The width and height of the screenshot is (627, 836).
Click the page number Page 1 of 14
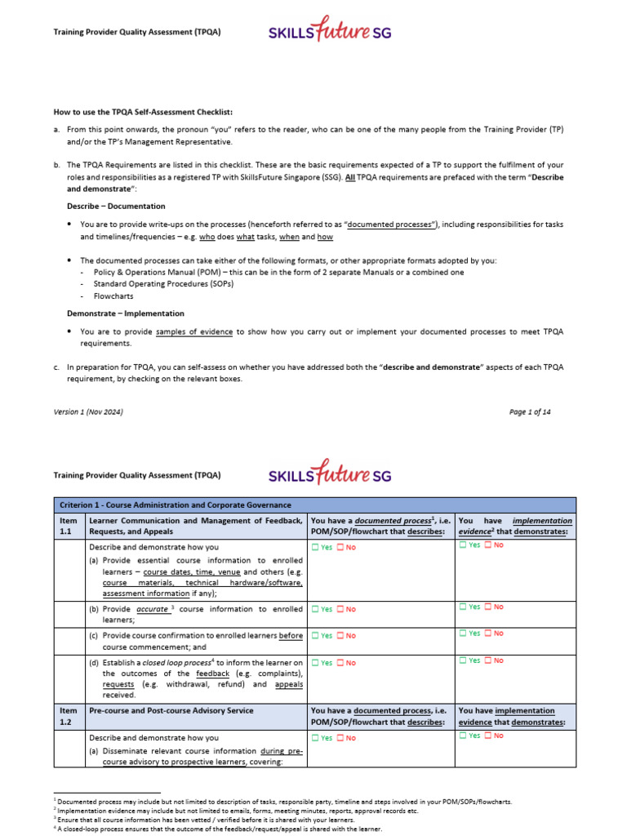click(530, 412)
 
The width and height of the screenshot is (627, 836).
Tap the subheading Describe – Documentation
click(115, 207)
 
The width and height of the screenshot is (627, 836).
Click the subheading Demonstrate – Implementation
click(125, 313)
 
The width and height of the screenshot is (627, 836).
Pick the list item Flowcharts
click(113, 296)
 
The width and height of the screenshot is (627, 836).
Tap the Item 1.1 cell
click(69, 526)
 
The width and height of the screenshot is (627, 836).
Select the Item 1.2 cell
click(69, 717)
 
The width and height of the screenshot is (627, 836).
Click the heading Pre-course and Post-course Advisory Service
click(171, 711)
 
